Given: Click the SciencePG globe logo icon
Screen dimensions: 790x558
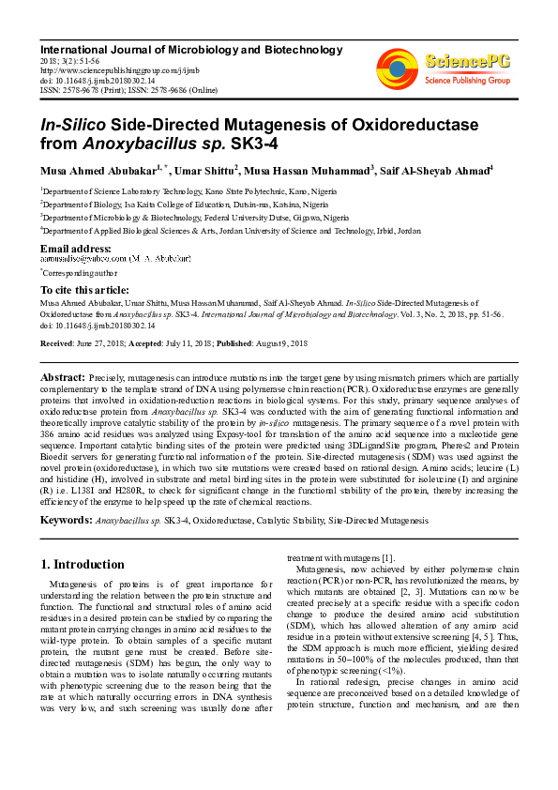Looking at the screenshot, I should click(397, 68).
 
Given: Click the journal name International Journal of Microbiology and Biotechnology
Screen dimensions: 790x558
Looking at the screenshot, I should click(190, 49).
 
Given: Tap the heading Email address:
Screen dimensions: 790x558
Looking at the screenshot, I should click(76, 248).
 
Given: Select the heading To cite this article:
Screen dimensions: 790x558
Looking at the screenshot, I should click(84, 290).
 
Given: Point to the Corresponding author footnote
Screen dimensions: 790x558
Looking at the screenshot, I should click(81, 272).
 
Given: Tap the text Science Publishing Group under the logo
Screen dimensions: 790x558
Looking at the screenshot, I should click(465, 82).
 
